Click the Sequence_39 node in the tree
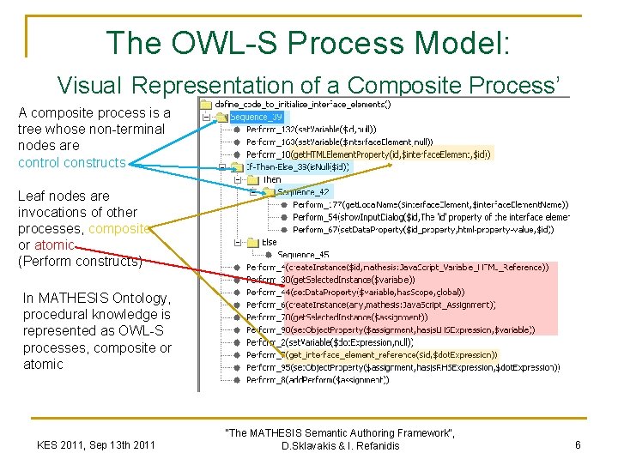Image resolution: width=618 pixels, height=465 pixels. (255, 117)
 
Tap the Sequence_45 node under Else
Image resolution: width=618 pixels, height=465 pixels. (302, 254)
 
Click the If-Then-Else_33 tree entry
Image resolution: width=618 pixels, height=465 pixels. (297, 167)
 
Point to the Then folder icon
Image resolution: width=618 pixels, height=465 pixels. (252, 180)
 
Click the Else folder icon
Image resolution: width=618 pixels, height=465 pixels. (252, 242)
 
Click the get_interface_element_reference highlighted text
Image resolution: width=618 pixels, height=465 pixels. (391, 353)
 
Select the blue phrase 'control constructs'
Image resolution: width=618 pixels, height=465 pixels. (71, 162)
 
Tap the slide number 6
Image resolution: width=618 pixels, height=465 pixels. (579, 445)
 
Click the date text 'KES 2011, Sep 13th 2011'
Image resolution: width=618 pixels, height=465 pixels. (95, 444)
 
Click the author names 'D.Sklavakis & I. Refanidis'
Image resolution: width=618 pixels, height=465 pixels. (339, 446)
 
